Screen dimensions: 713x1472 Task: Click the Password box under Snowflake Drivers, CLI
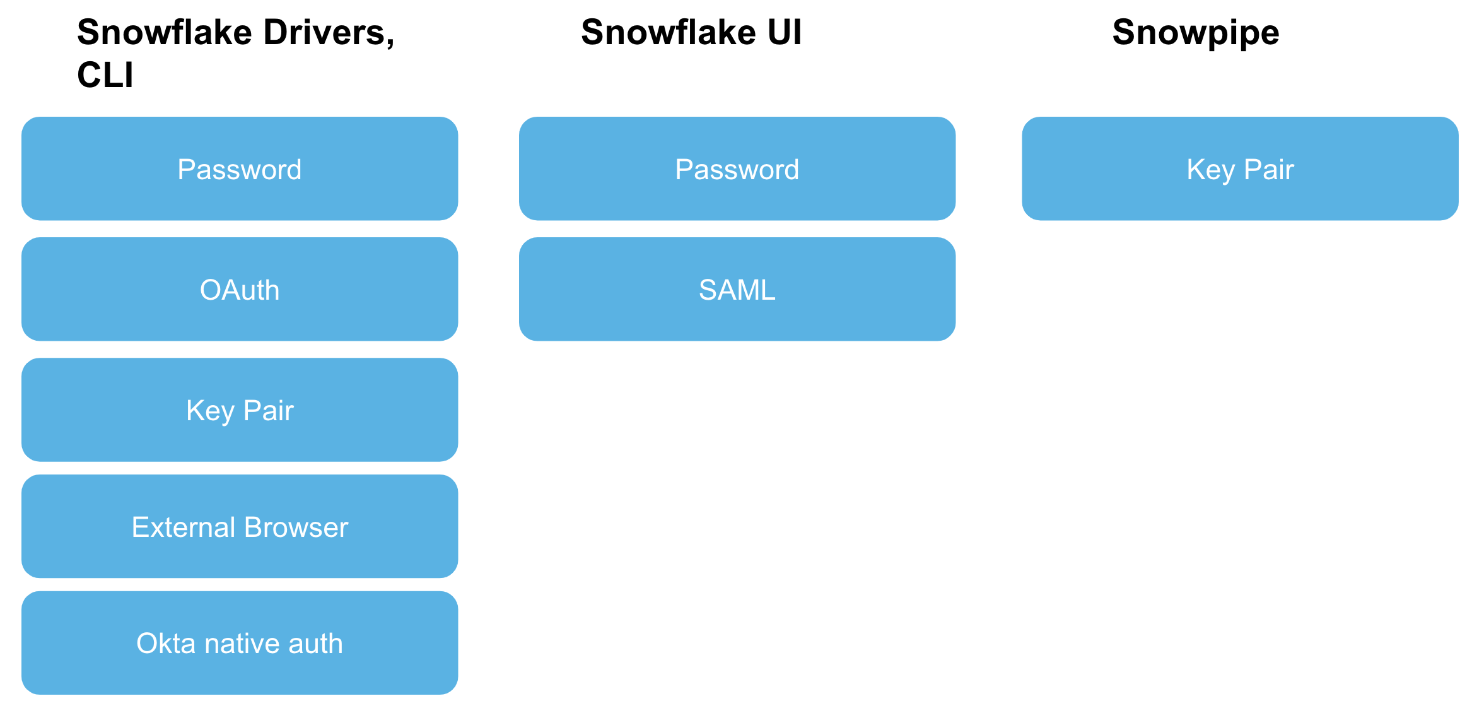point(240,168)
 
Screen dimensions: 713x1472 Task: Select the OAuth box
point(240,289)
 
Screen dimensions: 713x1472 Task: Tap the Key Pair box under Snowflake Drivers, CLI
point(240,410)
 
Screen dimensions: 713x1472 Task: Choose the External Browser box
point(240,526)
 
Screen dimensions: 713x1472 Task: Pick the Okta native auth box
point(240,643)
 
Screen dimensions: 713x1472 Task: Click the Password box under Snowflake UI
point(737,168)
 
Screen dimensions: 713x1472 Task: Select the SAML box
point(737,289)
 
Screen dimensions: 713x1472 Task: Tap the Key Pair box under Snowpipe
point(1240,168)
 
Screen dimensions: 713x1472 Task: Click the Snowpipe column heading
point(1196,32)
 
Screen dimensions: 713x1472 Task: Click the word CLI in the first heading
point(105,75)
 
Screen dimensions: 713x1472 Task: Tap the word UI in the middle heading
point(785,32)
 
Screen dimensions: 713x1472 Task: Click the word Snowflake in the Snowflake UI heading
point(668,32)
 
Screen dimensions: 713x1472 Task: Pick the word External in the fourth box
point(184,527)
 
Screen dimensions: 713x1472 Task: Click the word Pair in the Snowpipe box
point(1269,169)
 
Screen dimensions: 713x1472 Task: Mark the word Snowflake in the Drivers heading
point(164,32)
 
